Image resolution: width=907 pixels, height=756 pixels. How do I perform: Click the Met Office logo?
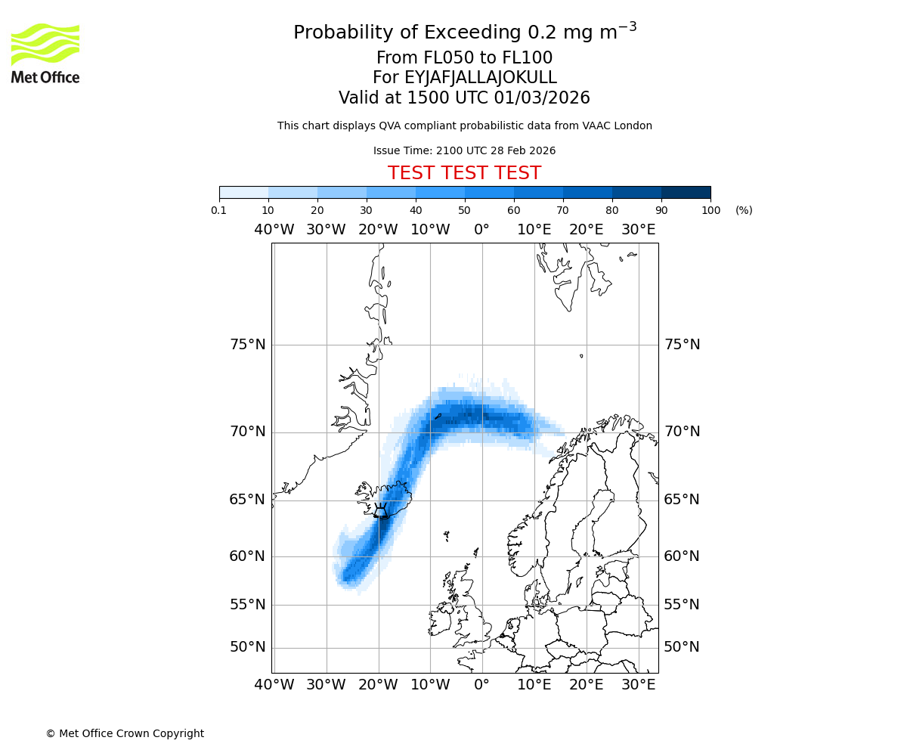(x=45, y=53)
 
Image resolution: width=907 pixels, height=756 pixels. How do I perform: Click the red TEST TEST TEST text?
(x=464, y=173)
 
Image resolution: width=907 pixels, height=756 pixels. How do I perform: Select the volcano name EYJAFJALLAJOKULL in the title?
(x=464, y=78)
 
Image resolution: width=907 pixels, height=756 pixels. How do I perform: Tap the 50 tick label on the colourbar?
(x=464, y=210)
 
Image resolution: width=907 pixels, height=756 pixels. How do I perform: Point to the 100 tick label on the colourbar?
(x=710, y=210)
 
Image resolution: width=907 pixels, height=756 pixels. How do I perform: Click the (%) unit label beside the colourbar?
(x=744, y=210)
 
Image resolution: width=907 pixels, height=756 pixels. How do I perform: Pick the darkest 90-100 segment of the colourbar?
(x=686, y=192)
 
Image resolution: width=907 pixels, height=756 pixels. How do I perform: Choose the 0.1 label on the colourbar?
(x=219, y=210)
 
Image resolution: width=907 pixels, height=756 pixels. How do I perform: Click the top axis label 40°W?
(x=274, y=229)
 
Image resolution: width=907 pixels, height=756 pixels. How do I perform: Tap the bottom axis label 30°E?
(x=639, y=685)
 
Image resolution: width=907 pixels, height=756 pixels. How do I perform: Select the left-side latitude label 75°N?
(x=247, y=345)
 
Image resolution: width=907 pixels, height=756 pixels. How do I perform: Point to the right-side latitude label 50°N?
(x=682, y=647)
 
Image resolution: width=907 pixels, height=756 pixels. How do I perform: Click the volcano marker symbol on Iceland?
(x=381, y=510)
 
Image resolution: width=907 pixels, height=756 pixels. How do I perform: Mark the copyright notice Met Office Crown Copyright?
(x=125, y=733)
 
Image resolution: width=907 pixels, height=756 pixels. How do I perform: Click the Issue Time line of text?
(x=464, y=150)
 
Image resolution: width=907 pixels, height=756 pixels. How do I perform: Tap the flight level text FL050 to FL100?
(x=464, y=58)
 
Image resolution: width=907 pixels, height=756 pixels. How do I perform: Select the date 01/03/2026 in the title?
(x=542, y=98)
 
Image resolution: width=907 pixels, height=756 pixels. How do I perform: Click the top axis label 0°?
(x=481, y=229)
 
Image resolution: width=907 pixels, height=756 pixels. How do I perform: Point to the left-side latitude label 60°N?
(x=247, y=556)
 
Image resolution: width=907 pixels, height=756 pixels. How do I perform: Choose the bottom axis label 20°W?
(x=378, y=685)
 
